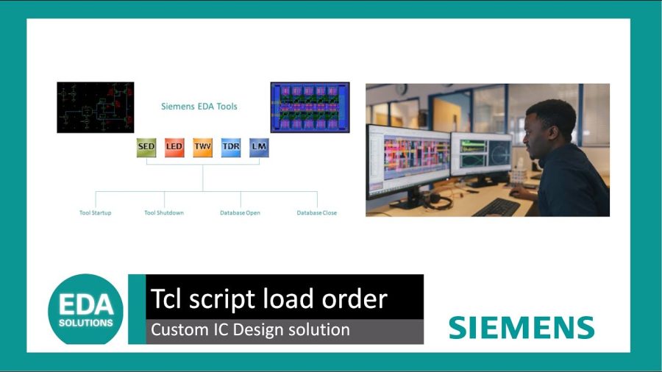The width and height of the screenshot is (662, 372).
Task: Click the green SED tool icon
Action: pos(146,147)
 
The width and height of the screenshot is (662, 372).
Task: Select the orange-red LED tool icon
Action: pos(174,147)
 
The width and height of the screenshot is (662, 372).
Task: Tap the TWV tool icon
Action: pos(202,147)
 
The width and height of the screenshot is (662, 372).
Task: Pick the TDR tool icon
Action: pos(231,147)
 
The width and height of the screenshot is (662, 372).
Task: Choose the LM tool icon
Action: pos(259,147)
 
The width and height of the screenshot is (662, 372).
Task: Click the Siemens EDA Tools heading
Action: pos(199,107)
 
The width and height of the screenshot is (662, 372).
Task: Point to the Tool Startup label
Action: pos(96,213)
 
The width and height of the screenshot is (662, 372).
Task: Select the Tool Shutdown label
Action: pos(164,213)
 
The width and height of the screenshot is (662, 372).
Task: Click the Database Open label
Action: pos(240,213)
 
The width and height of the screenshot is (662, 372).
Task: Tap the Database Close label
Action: pos(317,213)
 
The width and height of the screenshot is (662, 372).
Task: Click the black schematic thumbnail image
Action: pos(96,107)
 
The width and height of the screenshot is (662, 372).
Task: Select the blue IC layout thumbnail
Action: pos(310,107)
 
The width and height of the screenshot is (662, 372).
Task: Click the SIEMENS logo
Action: pos(522,327)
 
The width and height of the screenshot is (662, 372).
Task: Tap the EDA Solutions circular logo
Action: pos(86,310)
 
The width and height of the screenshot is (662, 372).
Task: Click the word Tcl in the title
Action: pos(166,298)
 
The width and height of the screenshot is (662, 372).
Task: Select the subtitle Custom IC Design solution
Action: pos(250,330)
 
